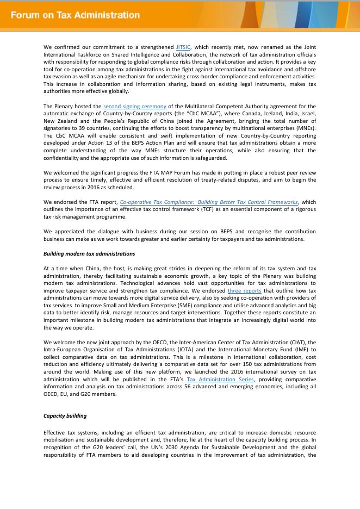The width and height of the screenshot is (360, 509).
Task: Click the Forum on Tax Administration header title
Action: (75, 15)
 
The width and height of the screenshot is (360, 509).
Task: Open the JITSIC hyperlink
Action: (183, 47)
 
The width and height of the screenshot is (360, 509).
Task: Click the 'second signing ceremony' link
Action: (135, 107)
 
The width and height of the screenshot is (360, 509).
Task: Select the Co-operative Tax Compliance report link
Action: (209, 202)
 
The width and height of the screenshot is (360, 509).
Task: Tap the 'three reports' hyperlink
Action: (244, 291)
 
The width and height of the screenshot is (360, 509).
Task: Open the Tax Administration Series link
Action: (220, 380)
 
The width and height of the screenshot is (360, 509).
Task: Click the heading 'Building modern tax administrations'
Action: (89, 254)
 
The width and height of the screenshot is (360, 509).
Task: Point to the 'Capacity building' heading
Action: (65, 416)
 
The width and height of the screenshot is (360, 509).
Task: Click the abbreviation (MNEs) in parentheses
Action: (305, 129)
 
